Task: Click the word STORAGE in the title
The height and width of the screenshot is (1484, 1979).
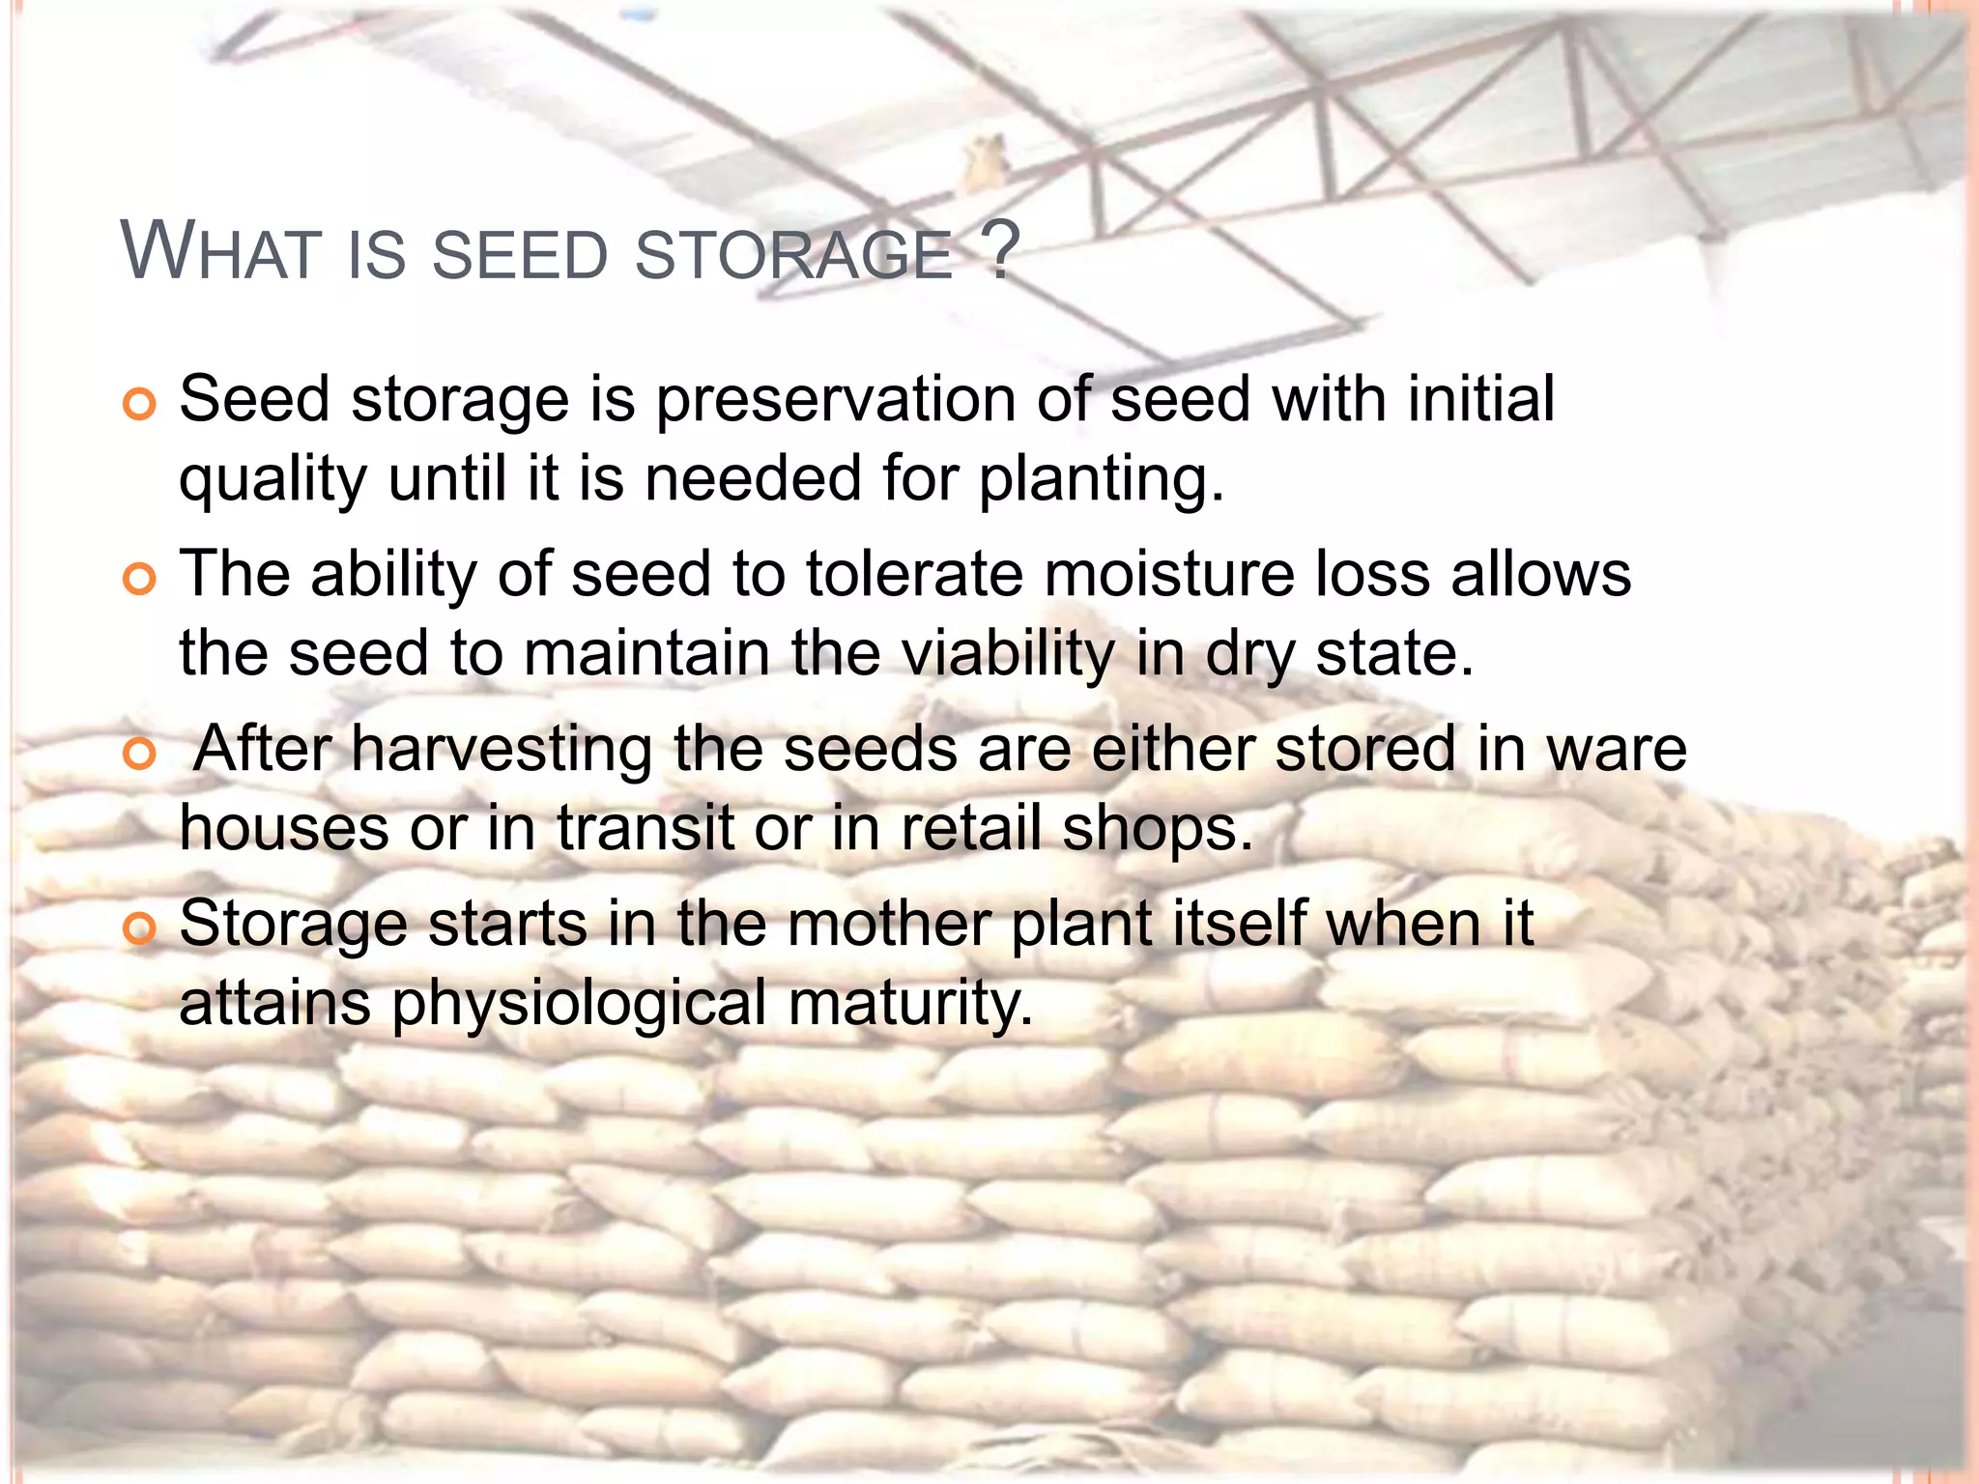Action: [x=794, y=255]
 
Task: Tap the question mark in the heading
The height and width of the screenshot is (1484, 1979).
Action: [x=1004, y=251]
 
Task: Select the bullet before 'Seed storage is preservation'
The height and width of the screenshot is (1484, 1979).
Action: [x=140, y=405]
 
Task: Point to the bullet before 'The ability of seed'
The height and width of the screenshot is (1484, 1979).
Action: [x=140, y=580]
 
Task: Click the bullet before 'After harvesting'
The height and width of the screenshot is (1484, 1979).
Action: [x=140, y=754]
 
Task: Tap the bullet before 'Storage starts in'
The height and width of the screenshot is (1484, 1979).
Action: [x=140, y=928]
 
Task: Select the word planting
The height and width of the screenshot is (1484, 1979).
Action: [x=1102, y=480]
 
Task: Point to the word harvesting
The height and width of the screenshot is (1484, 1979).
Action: [x=502, y=750]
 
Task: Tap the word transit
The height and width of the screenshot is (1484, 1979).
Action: [x=645, y=829]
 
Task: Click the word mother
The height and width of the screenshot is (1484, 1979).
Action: [x=889, y=924]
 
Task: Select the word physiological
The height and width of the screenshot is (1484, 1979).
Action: [x=579, y=1004]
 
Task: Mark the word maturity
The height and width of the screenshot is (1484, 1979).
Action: [x=911, y=1004]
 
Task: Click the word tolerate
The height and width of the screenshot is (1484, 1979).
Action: [x=914, y=574]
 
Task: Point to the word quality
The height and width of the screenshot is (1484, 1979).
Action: [x=272, y=480]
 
